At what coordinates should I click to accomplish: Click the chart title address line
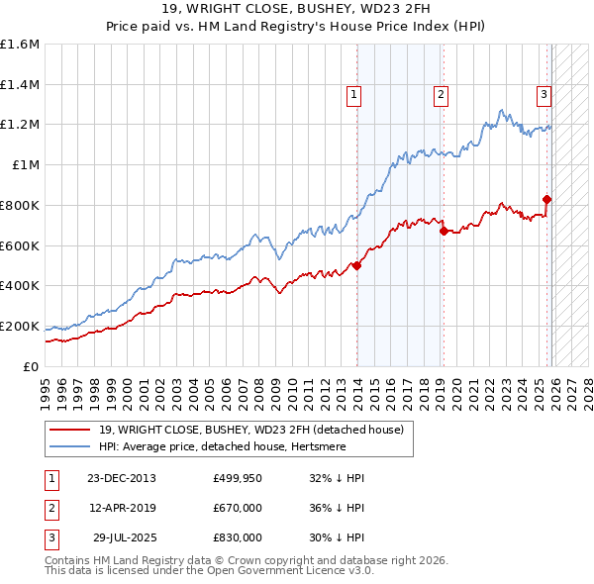point(297,9)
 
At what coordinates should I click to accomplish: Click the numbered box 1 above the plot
point(353,95)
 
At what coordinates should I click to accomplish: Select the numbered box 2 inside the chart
point(440,95)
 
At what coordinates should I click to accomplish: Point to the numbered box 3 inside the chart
point(544,95)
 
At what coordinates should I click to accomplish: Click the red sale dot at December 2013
point(356,265)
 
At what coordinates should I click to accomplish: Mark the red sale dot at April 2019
point(444,231)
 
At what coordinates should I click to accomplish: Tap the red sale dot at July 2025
point(546,199)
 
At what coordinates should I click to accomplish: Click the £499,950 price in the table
point(237,478)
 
